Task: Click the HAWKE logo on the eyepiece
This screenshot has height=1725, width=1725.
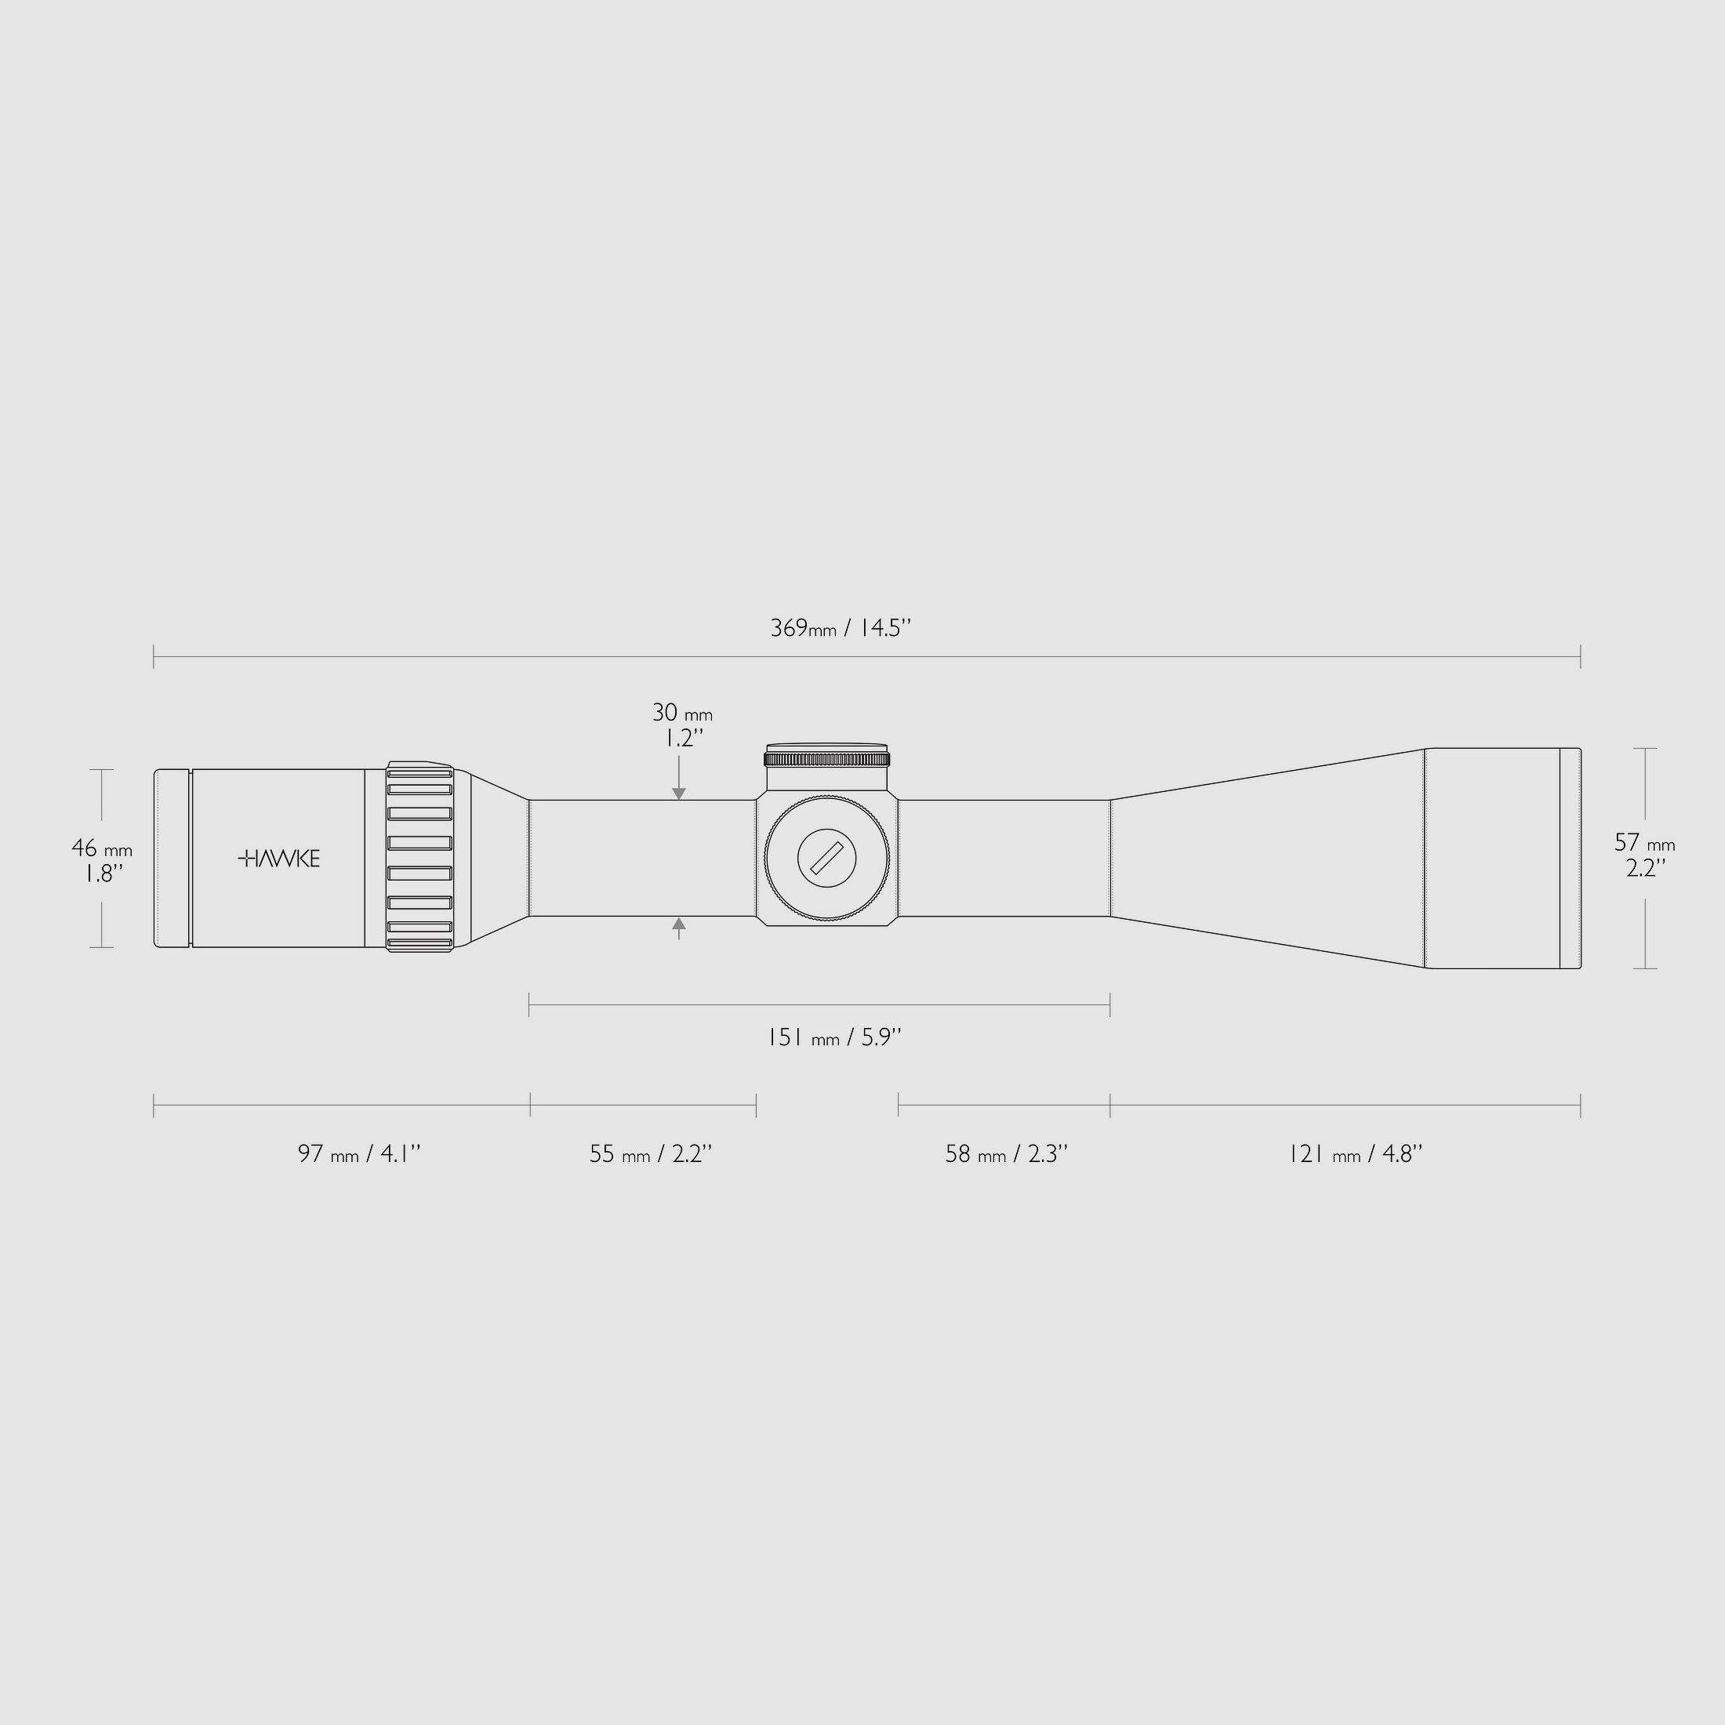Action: (x=279, y=858)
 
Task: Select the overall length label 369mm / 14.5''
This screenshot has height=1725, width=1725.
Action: (x=841, y=628)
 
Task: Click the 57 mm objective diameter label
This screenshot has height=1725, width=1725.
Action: (x=1643, y=855)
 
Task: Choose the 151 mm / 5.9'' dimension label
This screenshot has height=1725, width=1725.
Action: (x=835, y=1037)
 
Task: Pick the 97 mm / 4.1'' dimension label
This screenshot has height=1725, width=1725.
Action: (x=359, y=1153)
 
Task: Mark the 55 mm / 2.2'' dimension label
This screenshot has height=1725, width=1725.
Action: (x=650, y=1153)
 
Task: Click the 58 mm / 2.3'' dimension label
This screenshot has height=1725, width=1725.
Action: (x=1006, y=1153)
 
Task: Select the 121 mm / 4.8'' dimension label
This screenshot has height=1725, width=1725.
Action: (x=1354, y=1153)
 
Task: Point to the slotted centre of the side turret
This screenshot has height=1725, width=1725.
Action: (x=826, y=858)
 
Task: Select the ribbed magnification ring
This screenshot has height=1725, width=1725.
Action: (x=419, y=858)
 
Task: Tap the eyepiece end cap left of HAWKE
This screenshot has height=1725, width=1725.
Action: (x=172, y=858)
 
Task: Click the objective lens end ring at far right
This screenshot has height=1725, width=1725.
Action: (x=1570, y=858)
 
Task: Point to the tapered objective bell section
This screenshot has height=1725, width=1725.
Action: (x=1268, y=858)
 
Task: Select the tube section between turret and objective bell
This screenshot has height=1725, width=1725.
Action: (x=1004, y=858)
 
